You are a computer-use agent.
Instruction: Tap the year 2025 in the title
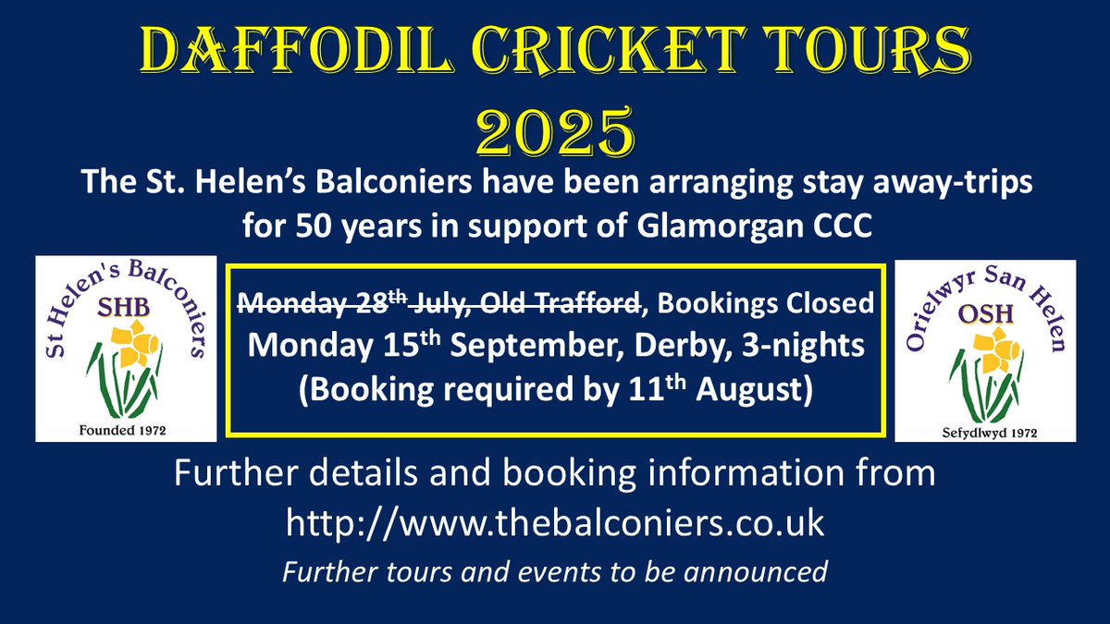(555, 130)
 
